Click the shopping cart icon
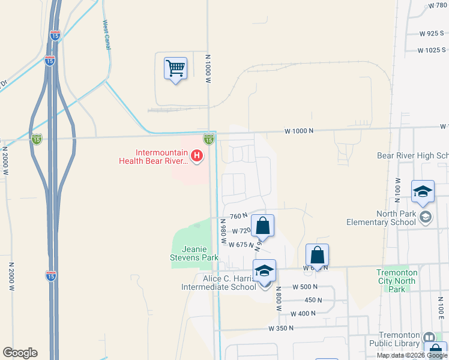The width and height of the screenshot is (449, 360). point(175,69)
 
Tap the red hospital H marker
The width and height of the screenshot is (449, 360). point(196,157)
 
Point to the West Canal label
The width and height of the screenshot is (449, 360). point(107,34)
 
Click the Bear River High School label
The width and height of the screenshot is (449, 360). point(412,156)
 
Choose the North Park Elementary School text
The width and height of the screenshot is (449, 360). point(381,218)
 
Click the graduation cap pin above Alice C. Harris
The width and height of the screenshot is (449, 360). point(264,271)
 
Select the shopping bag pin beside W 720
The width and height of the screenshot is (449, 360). point(262,226)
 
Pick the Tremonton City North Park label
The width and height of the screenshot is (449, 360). point(396,281)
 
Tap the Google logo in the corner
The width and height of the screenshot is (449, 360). point(20,353)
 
